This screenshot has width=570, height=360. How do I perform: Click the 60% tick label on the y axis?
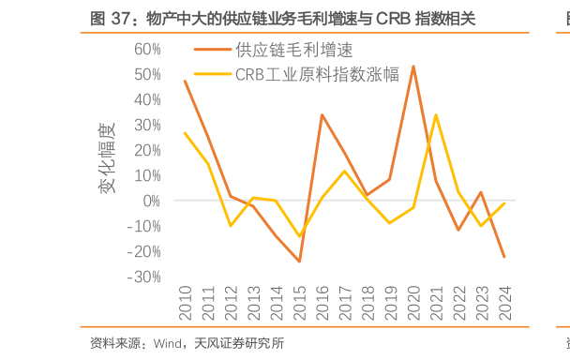pyautogui.click(x=147, y=49)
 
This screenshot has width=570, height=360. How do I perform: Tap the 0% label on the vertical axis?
pyautogui.click(x=152, y=201)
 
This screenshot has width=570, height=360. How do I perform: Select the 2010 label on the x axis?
pyautogui.click(x=185, y=303)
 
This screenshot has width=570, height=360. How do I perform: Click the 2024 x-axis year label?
pyautogui.click(x=505, y=303)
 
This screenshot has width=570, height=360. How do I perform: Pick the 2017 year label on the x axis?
pyautogui.click(x=345, y=303)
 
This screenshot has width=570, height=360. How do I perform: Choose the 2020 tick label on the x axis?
pyautogui.click(x=413, y=303)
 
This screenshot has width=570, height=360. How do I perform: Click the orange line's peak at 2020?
pyautogui.click(x=413, y=66)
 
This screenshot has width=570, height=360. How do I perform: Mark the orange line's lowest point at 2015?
pyautogui.click(x=299, y=262)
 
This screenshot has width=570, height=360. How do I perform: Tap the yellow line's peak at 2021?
pyautogui.click(x=436, y=114)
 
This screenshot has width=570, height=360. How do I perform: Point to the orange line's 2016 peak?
pyautogui.click(x=322, y=114)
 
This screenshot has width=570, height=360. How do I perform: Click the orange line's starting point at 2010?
pyautogui.click(x=185, y=81)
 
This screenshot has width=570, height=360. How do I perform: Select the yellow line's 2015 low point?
pyautogui.click(x=299, y=236)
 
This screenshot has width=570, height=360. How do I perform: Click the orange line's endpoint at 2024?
pyautogui.click(x=504, y=257)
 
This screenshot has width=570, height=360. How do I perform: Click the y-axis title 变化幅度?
pyautogui.click(x=107, y=158)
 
